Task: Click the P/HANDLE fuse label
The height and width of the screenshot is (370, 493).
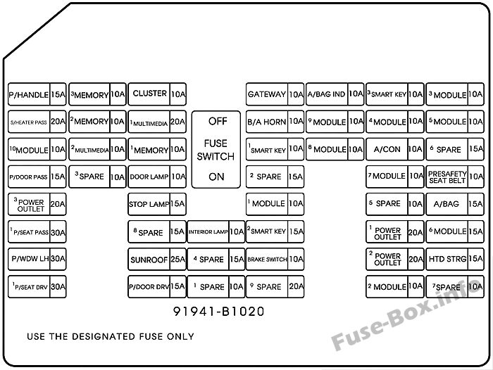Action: point(29,95)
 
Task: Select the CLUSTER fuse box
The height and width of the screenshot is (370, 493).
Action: point(157,94)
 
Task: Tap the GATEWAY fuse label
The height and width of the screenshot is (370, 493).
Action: point(267,94)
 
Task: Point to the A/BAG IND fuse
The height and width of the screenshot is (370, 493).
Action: point(335,94)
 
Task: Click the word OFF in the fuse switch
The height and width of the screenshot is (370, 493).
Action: point(218,121)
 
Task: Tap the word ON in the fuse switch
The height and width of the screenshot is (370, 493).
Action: point(216,177)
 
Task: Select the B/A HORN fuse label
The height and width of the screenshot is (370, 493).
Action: point(267,122)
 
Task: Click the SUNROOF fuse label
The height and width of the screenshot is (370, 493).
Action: point(149,260)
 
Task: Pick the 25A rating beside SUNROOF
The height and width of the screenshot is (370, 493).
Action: point(178,259)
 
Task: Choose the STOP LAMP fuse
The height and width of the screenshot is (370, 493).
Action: point(157,204)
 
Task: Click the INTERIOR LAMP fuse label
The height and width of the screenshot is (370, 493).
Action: point(208,232)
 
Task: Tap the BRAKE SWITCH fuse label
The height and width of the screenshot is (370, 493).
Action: point(267,260)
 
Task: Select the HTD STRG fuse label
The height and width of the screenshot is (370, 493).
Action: point(447,259)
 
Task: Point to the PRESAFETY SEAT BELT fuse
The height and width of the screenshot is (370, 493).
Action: point(455,177)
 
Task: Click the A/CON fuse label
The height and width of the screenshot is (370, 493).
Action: point(387,149)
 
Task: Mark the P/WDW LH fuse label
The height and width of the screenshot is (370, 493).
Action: point(30,259)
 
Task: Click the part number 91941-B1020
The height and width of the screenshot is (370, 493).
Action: point(219,312)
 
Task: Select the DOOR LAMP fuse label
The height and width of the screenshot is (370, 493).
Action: point(149,177)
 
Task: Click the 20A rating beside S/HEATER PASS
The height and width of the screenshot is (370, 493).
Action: point(58,121)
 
